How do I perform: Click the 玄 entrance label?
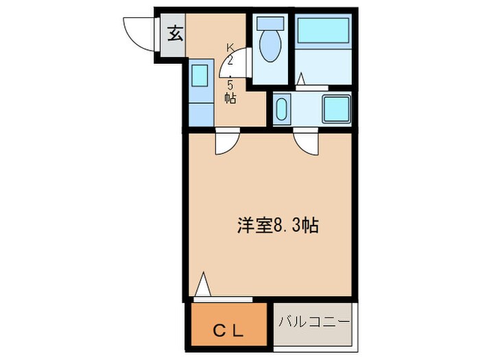[x=175, y=32]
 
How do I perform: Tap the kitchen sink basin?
[x=199, y=74]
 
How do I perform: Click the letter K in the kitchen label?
[x=230, y=47]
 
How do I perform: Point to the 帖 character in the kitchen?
[x=230, y=98]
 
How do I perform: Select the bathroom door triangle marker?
[x=301, y=80]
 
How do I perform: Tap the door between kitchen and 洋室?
[x=225, y=143]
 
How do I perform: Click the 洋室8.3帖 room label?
[x=278, y=226]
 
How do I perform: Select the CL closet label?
[x=227, y=332]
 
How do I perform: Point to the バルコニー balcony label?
[x=315, y=321]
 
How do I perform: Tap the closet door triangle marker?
[x=202, y=285]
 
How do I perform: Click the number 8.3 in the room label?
[x=283, y=226]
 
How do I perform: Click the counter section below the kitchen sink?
[x=199, y=110]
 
